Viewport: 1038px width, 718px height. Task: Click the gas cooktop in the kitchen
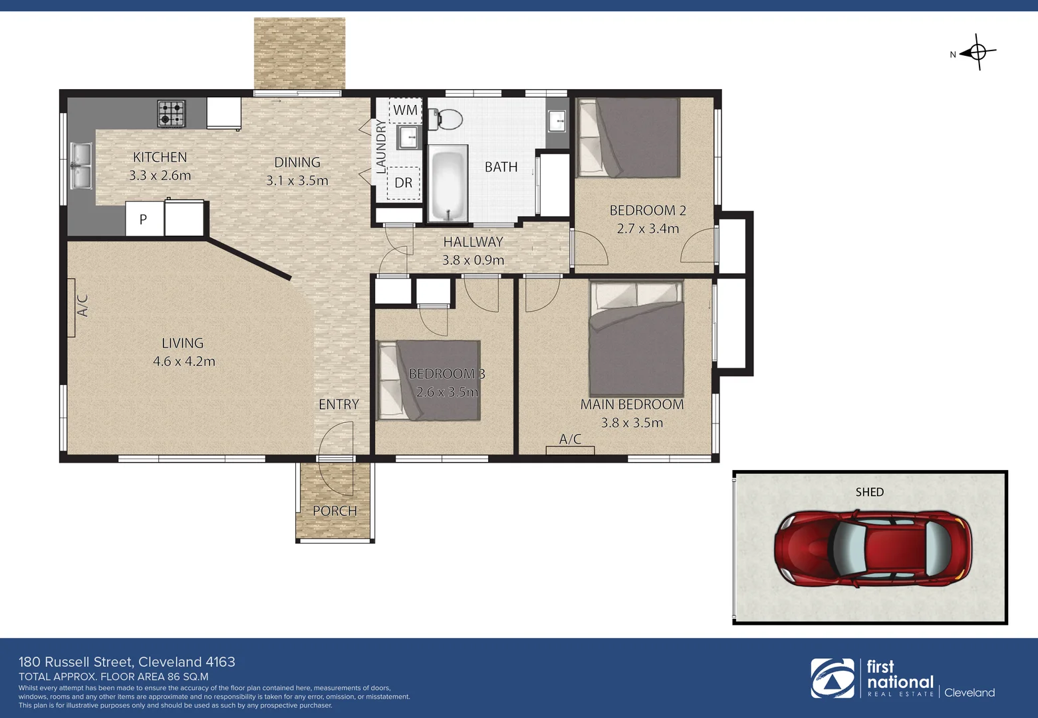[x=172, y=113]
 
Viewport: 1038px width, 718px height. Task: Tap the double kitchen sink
[x=80, y=166]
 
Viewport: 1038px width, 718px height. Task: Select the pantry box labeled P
[x=144, y=219]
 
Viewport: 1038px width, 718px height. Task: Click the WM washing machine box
[x=405, y=110]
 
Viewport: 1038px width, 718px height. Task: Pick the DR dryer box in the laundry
[x=404, y=183]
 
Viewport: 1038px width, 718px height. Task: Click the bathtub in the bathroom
[x=448, y=184]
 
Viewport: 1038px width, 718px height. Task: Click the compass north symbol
[x=977, y=52]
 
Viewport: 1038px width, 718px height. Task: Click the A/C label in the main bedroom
[x=570, y=439]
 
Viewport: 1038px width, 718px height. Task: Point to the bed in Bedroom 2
[x=629, y=138]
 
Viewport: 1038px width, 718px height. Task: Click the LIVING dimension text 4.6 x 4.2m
[x=184, y=362]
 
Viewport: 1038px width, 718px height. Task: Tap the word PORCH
[x=335, y=511]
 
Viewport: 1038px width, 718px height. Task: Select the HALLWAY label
[x=473, y=242]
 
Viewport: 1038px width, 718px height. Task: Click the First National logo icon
[x=832, y=678]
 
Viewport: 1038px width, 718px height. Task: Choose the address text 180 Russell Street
[x=126, y=662]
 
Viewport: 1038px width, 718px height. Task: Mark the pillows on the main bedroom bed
[x=636, y=295]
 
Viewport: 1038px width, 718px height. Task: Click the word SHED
[x=869, y=492]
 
